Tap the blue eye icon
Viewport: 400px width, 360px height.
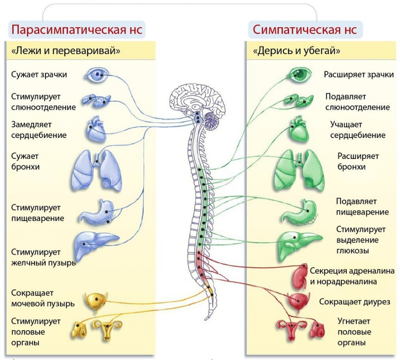point(97,75)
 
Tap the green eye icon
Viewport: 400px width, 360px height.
point(300,75)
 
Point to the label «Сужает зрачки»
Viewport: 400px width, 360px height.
point(39,75)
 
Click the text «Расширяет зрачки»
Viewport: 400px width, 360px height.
point(359,75)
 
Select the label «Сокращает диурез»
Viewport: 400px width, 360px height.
point(355,302)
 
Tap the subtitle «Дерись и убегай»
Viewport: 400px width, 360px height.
point(296,51)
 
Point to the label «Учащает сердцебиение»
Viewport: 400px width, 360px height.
point(358,130)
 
